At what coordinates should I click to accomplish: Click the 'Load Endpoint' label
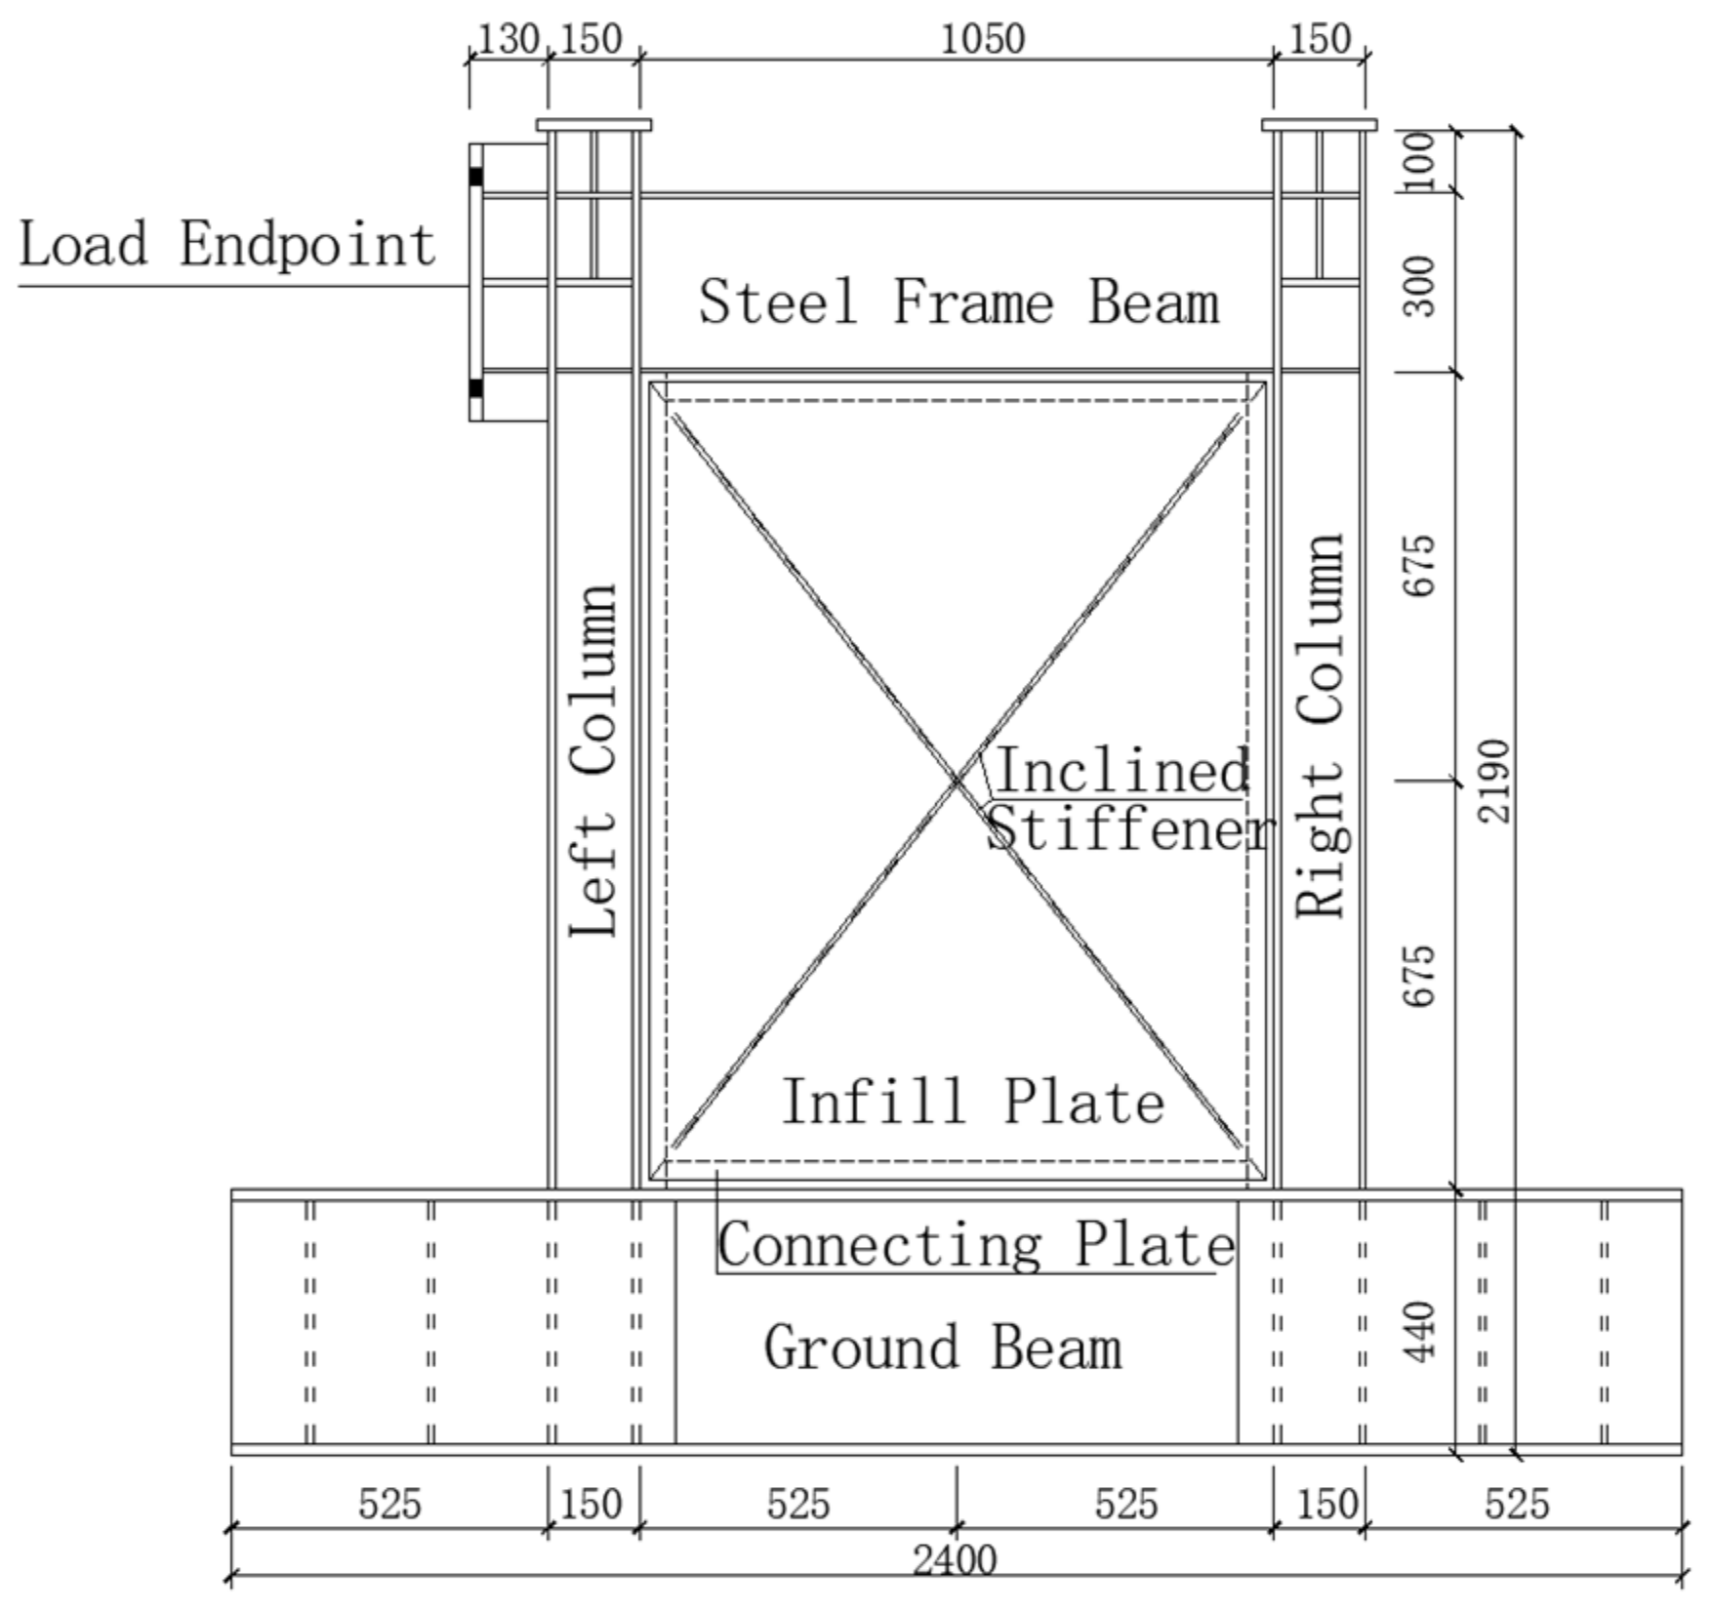click(226, 244)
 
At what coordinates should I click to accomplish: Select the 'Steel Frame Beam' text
click(958, 302)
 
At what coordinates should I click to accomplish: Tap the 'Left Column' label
click(593, 761)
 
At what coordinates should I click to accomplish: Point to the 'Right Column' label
click(1321, 727)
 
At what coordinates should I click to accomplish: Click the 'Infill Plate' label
click(973, 1103)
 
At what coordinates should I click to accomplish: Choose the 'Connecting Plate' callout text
click(976, 1245)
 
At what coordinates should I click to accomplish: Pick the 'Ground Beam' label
click(943, 1348)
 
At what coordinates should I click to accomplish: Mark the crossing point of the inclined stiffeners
click(958, 781)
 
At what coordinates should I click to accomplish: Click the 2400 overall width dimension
click(955, 1560)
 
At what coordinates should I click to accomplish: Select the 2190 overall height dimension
click(1494, 781)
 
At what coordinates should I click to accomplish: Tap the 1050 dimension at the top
click(982, 40)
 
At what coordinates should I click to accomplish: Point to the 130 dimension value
click(507, 40)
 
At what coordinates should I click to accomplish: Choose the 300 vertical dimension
click(1419, 286)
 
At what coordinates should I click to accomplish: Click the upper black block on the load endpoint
click(475, 177)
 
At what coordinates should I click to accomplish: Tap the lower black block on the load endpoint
click(475, 388)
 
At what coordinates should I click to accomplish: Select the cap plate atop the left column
click(593, 125)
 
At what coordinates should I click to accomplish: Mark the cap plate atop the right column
click(1319, 125)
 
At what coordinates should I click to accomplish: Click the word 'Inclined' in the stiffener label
click(1122, 771)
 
